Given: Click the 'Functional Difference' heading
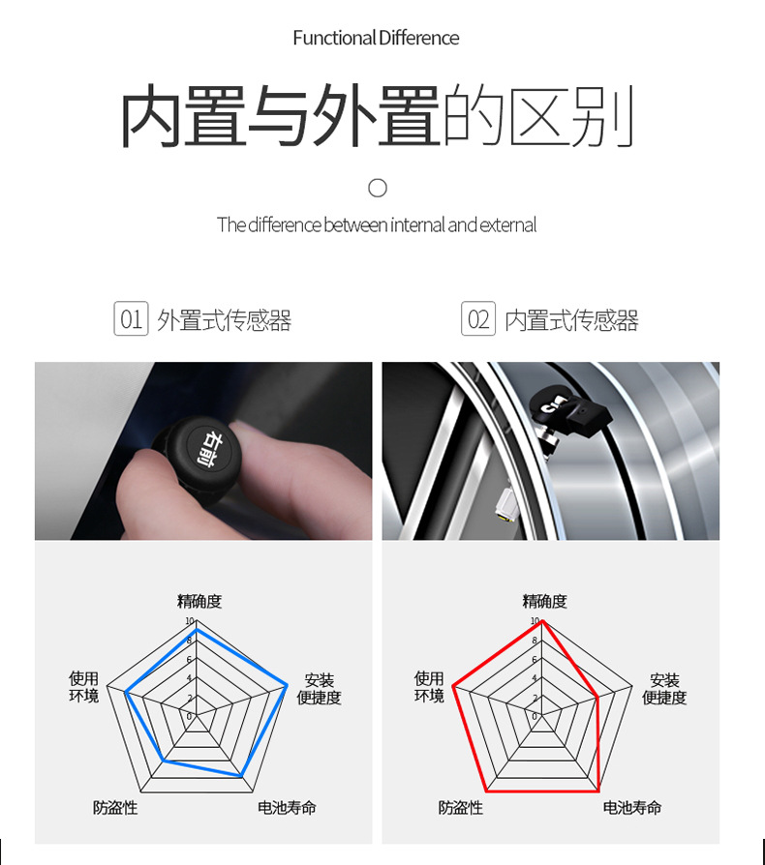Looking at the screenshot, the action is [x=376, y=38].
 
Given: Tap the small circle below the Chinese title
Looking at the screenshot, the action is [x=378, y=188].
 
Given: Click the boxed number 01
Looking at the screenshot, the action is [x=131, y=318].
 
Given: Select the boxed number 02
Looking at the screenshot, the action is [x=478, y=318].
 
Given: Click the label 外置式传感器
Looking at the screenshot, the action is [x=224, y=320].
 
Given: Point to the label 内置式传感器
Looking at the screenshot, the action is [x=571, y=320].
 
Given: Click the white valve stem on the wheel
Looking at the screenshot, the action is [x=505, y=501].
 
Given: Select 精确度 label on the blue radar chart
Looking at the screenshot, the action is [x=199, y=601].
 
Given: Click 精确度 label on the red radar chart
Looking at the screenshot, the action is [x=545, y=601].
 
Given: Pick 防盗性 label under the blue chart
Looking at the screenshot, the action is [x=115, y=808].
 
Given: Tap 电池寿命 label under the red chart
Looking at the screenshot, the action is [x=632, y=808].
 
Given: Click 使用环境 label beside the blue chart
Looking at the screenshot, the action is [x=84, y=687].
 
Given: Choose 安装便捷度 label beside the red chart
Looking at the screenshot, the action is [x=664, y=689].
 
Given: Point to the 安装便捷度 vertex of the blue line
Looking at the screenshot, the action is [x=287, y=686].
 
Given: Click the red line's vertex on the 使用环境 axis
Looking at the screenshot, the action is [x=453, y=686].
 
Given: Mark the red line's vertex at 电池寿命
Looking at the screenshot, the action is [x=598, y=791].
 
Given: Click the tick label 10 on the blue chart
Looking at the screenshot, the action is [x=190, y=621].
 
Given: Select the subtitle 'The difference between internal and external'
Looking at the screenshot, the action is [x=377, y=225].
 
